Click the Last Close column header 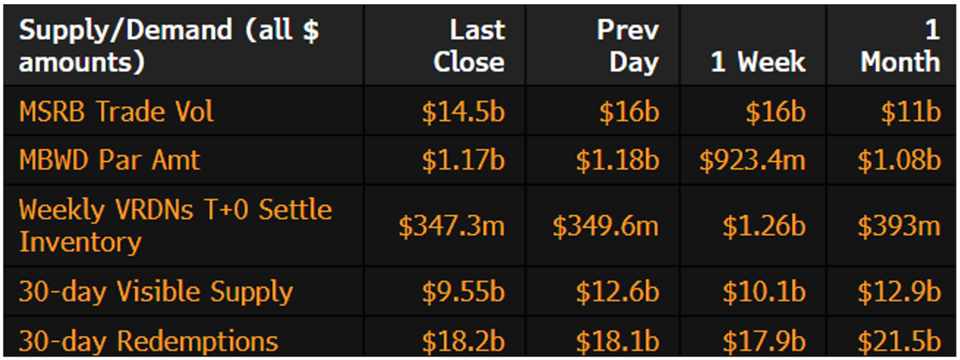(x=469, y=45)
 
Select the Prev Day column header (x=628, y=45)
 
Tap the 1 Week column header (x=758, y=62)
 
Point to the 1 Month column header (x=900, y=45)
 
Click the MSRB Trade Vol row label (x=117, y=111)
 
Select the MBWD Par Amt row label (x=109, y=160)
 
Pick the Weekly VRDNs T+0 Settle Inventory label (x=175, y=225)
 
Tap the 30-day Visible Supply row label (x=156, y=291)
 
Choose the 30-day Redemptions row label (x=148, y=340)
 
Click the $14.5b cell (x=463, y=112)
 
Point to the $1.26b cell (x=763, y=226)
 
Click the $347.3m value (x=452, y=226)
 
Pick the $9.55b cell (x=463, y=292)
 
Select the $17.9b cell (x=763, y=340)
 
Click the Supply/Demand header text (x=169, y=45)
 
